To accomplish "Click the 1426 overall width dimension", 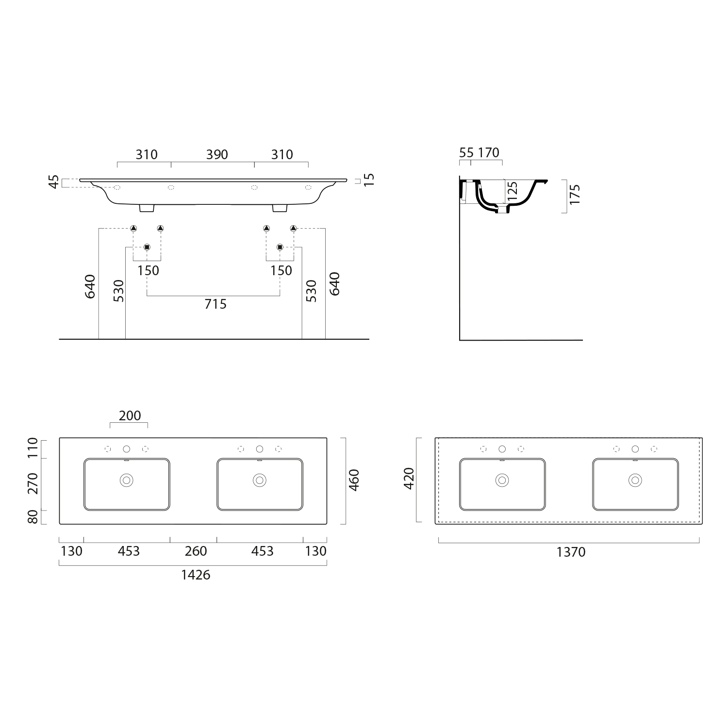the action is [196, 575].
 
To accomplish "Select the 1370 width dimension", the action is [571, 552].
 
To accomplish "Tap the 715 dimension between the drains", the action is [215, 304].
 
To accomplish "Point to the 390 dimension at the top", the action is [217, 154].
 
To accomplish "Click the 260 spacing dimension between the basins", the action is [196, 551].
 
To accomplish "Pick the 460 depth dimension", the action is [354, 480].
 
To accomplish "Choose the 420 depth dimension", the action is [409, 478].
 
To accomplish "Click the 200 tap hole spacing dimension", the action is [130, 416].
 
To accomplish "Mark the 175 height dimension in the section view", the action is [575, 194].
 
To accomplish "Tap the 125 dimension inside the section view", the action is [513, 191].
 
